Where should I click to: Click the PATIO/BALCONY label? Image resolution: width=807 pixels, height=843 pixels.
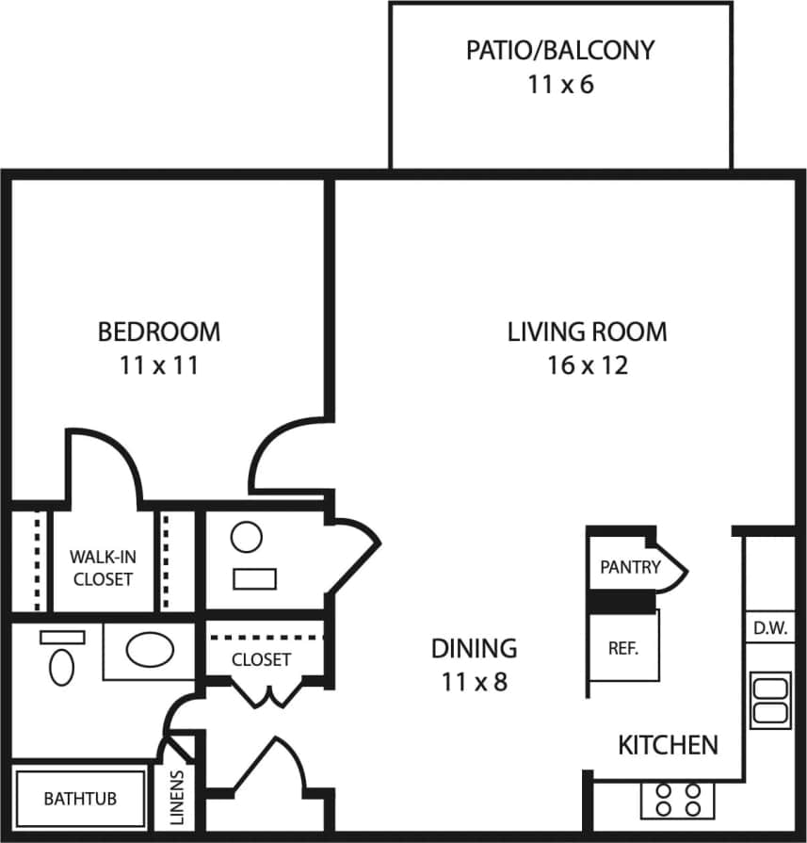pyautogui.click(x=560, y=50)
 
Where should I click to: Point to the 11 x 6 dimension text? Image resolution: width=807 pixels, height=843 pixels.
pyautogui.click(x=560, y=85)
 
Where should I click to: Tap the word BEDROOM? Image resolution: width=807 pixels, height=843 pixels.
pyautogui.click(x=159, y=332)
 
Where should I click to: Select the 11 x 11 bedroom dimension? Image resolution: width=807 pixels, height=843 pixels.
pyautogui.click(x=159, y=365)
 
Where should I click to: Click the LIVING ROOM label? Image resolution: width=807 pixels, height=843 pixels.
pyautogui.click(x=587, y=332)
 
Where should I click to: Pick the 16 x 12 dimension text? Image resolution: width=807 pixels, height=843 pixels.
pyautogui.click(x=587, y=365)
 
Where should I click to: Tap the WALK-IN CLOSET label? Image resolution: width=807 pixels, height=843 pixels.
pyautogui.click(x=103, y=568)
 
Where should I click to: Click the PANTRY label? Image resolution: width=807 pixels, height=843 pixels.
pyautogui.click(x=630, y=567)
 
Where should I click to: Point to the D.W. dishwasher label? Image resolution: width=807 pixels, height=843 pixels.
pyautogui.click(x=770, y=627)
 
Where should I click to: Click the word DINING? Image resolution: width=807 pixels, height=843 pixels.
pyautogui.click(x=474, y=648)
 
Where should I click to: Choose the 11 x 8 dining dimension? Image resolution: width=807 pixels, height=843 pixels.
pyautogui.click(x=474, y=682)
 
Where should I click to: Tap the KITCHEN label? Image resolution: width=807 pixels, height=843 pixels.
pyautogui.click(x=668, y=745)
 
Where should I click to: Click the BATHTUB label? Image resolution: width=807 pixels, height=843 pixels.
pyautogui.click(x=80, y=799)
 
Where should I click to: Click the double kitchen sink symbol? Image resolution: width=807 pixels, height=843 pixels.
pyautogui.click(x=769, y=700)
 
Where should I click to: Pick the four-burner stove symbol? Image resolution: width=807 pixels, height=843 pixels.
pyautogui.click(x=678, y=800)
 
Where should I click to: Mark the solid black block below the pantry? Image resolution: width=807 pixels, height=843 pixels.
pyautogui.click(x=621, y=600)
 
